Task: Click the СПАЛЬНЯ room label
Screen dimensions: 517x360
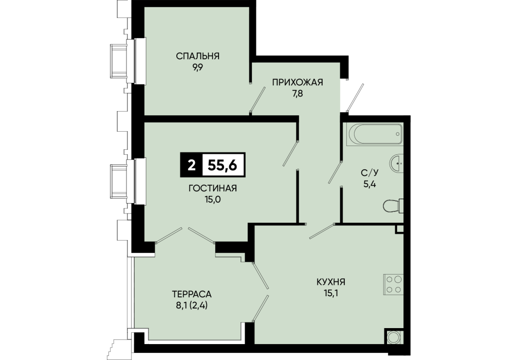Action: [197, 56]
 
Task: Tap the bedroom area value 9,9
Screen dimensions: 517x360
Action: [197, 67]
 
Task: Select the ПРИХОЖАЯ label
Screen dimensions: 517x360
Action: [298, 82]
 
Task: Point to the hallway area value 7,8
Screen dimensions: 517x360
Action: [298, 94]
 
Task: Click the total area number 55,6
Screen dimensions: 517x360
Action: [223, 165]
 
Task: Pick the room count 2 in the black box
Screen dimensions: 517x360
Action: [191, 165]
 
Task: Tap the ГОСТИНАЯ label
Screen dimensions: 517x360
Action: [213, 188]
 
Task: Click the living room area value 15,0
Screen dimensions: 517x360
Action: [213, 200]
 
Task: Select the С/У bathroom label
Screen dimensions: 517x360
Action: [370, 172]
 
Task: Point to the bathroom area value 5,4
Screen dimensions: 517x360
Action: [370, 184]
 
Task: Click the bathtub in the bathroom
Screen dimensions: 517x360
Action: [376, 134]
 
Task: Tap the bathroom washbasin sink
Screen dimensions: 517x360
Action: [396, 163]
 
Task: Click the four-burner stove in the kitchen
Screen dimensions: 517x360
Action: [393, 284]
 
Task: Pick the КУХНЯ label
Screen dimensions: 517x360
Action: [331, 282]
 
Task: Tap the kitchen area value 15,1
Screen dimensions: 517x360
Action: [331, 293]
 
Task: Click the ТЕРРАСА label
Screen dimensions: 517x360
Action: [192, 294]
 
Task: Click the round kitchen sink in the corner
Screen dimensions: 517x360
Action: [394, 337]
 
